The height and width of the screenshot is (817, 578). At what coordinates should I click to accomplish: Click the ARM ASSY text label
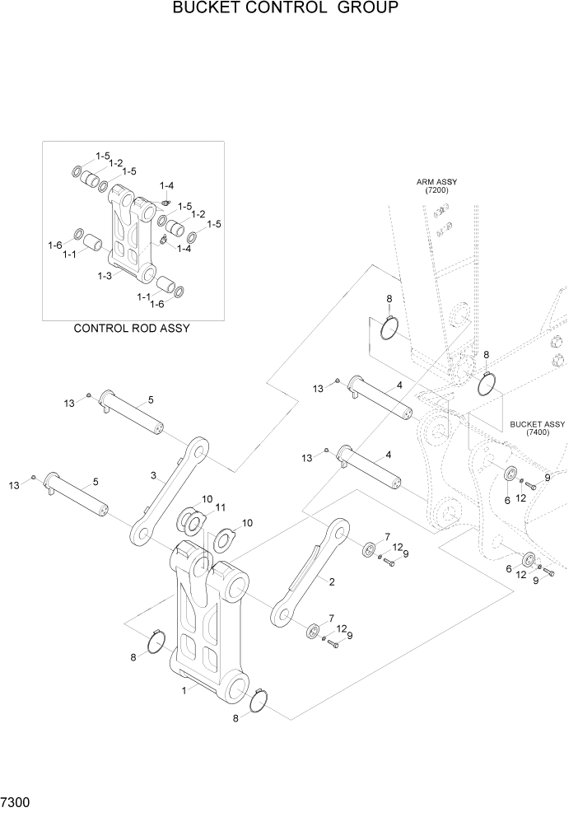pos(436,181)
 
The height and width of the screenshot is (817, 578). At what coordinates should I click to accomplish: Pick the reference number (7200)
pos(436,190)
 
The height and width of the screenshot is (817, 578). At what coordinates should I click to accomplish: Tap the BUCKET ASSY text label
pos(537,424)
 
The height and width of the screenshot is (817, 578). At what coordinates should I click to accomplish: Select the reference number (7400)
pos(537,433)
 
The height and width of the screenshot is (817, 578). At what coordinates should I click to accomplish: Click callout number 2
pos(331,582)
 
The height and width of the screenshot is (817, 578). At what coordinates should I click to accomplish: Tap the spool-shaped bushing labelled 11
pos(194,521)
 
